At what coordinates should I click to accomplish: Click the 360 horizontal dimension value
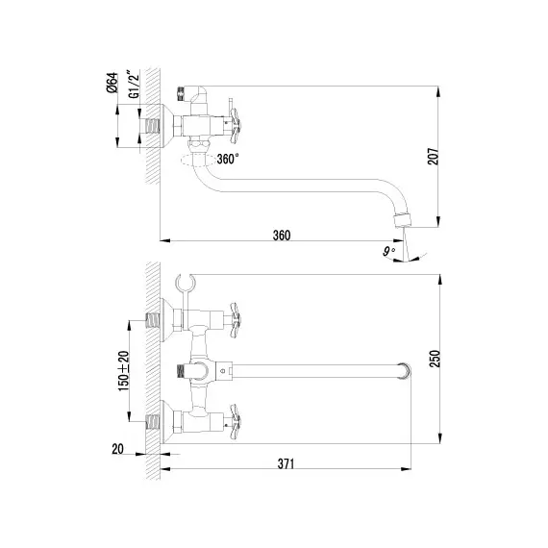pyautogui.click(x=281, y=236)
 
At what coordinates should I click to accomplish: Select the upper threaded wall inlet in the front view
pyautogui.click(x=151, y=315)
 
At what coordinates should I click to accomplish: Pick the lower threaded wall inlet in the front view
pyautogui.click(x=151, y=420)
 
